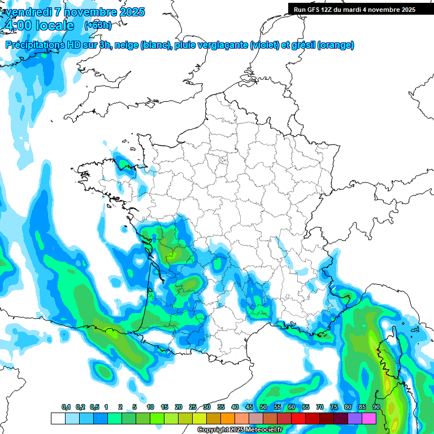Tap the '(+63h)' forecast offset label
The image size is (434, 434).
[98, 25]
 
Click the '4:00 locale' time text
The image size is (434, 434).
[38, 25]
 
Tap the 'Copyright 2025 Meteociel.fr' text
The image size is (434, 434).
[240, 430]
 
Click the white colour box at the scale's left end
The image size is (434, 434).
[58, 418]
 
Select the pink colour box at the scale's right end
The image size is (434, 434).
[369, 418]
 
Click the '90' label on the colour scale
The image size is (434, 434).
[376, 407]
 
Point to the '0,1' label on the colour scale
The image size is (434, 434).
[66, 407]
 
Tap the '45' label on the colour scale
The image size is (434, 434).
[249, 407]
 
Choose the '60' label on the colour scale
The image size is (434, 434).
[292, 407]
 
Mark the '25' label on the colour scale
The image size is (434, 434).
[193, 407]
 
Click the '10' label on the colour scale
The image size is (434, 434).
[150, 407]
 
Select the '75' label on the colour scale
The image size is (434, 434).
[334, 407]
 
